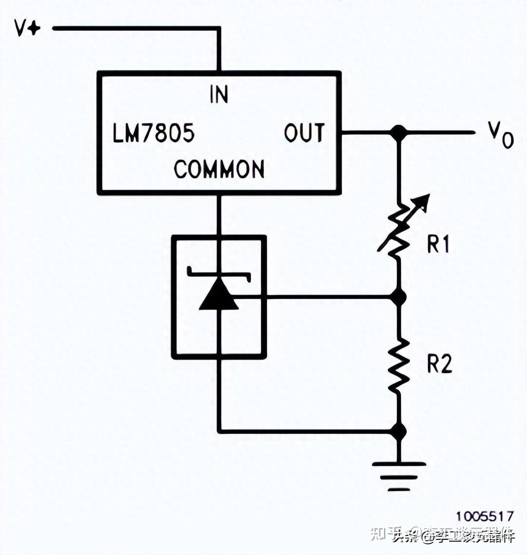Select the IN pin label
219,94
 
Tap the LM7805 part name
153,133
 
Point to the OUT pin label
304,133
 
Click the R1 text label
438,244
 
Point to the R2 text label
439,364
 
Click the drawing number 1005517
485,516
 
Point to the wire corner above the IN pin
219,29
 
